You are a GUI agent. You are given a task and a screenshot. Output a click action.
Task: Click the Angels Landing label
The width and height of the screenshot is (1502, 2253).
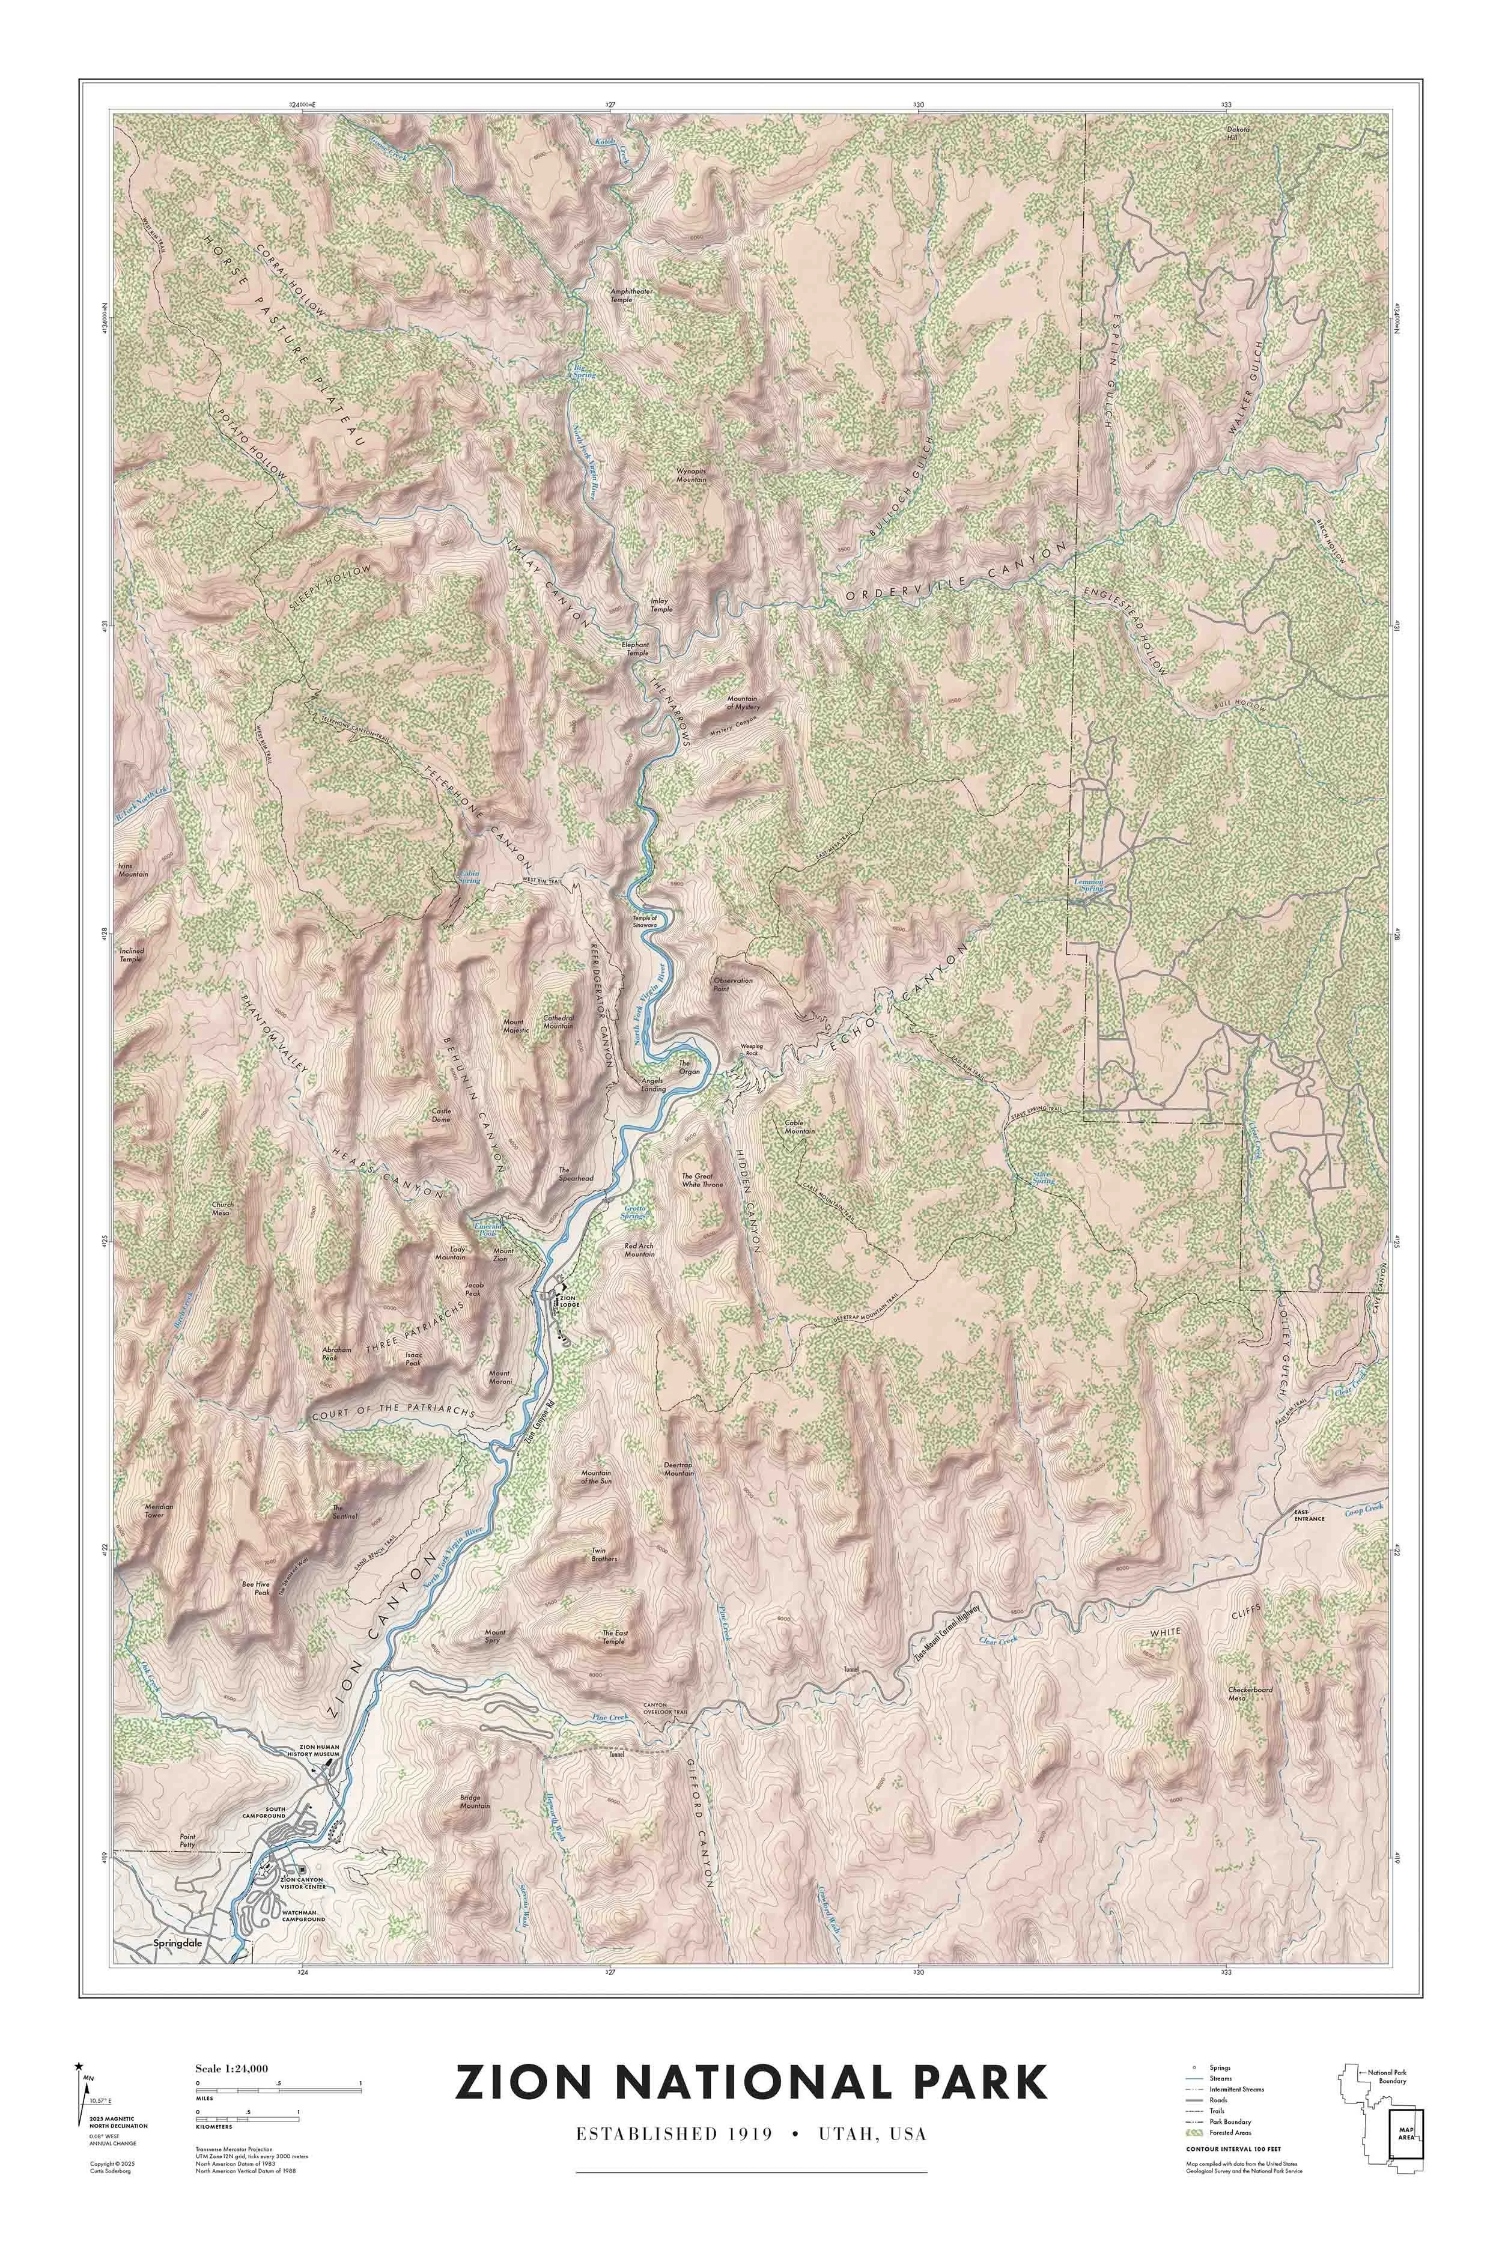tap(652, 1084)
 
